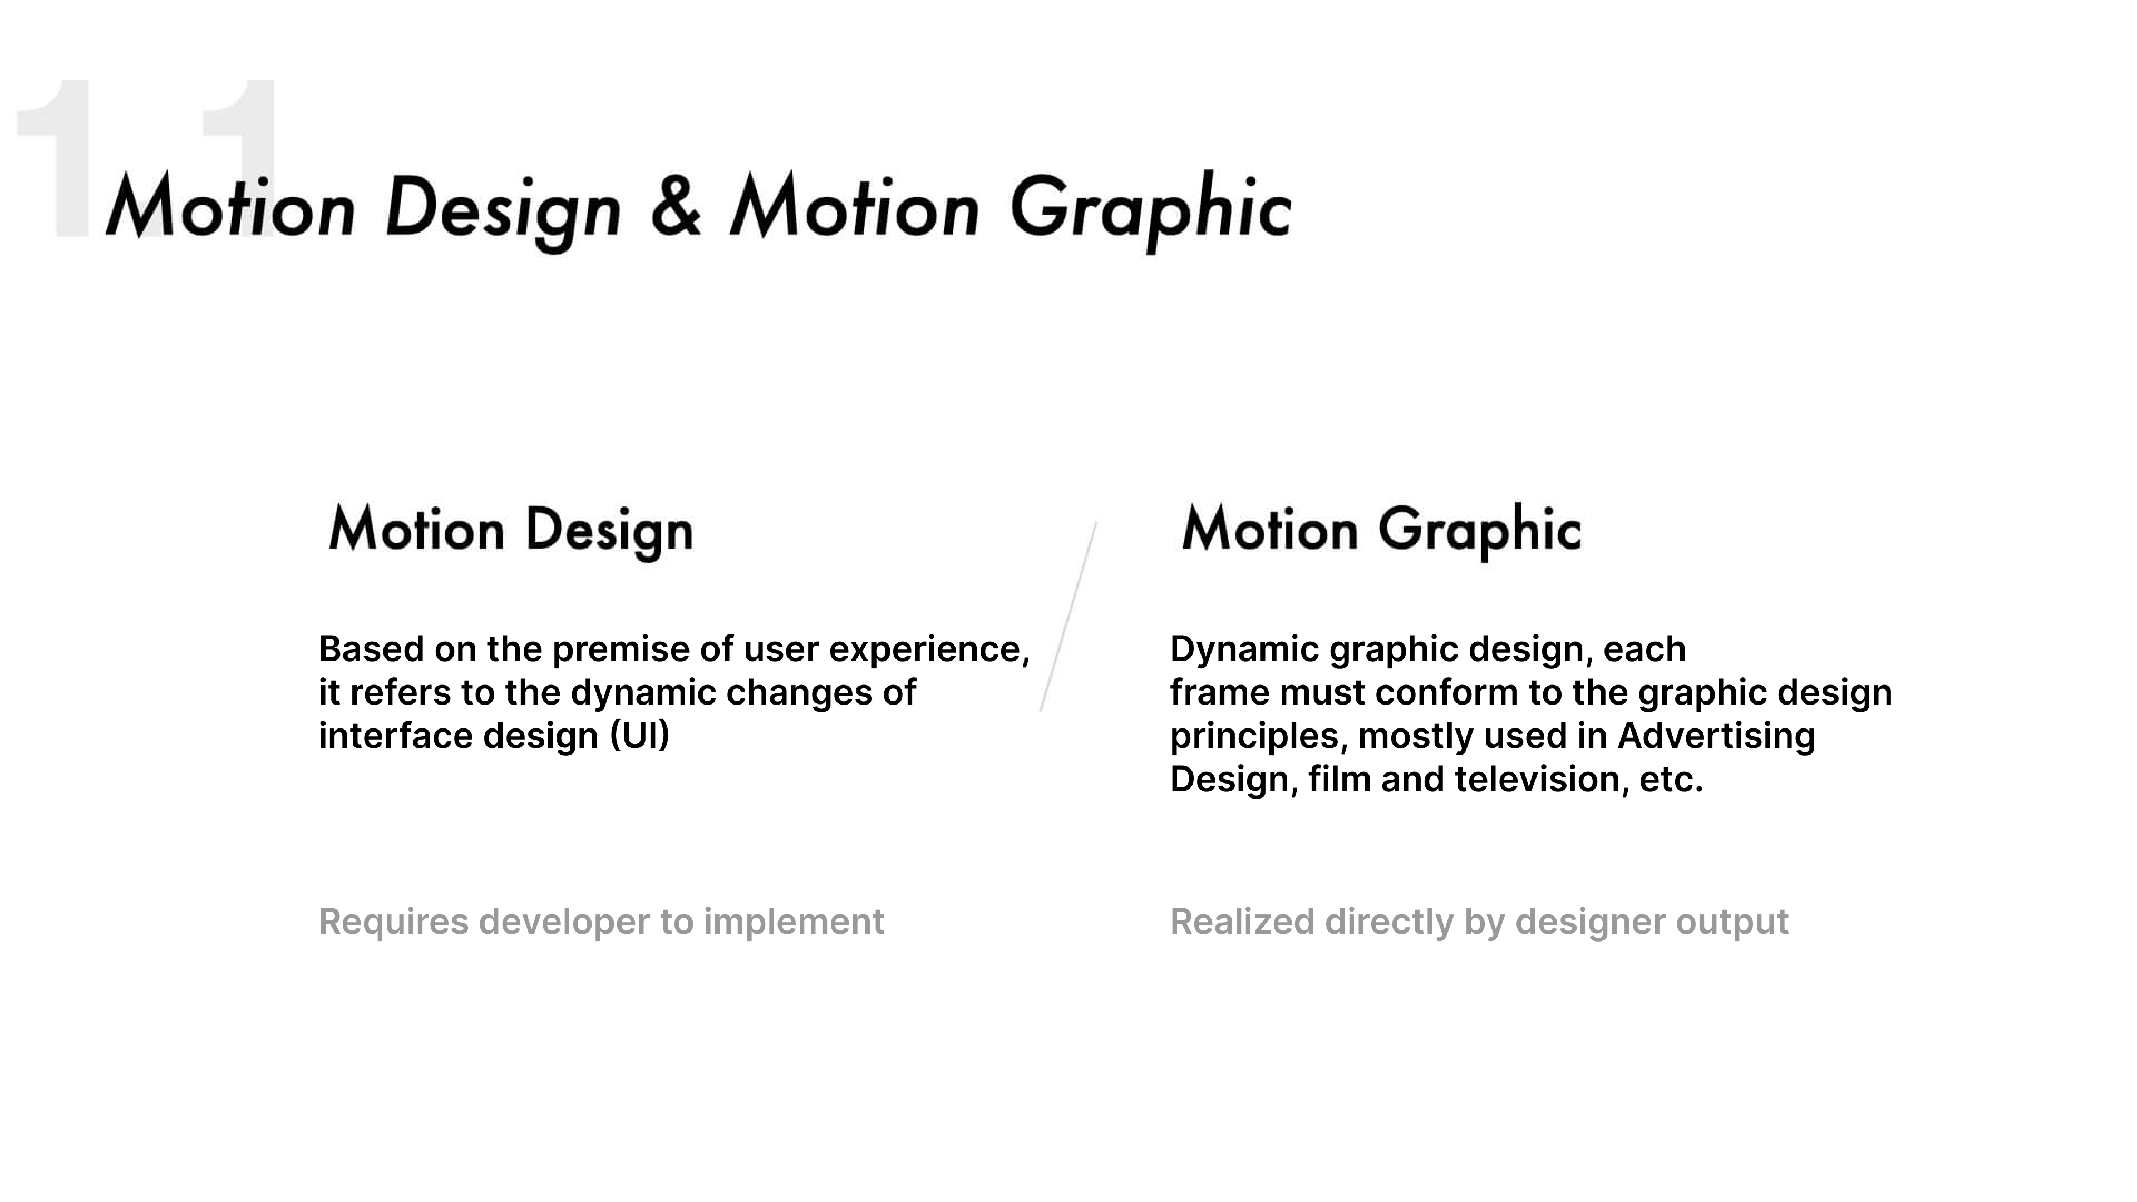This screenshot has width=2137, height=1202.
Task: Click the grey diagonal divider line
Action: point(1068,617)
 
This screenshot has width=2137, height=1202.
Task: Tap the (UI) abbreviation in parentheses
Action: point(639,736)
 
